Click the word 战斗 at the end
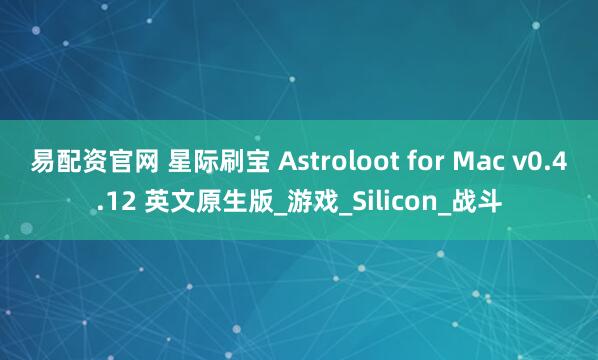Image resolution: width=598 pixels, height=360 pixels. [x=473, y=203]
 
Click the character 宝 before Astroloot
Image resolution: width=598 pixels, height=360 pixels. [x=259, y=161]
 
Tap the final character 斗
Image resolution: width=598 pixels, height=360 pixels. [x=486, y=203]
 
